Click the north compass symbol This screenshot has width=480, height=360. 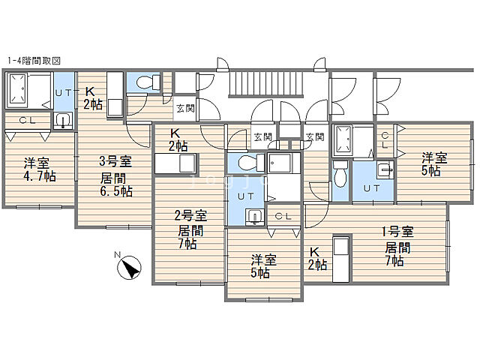[x=129, y=267]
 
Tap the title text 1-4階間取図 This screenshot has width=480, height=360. [x=34, y=61]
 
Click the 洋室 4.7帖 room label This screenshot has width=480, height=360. [x=40, y=170]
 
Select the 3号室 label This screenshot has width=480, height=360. [x=115, y=161]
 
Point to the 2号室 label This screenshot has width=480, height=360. [x=190, y=216]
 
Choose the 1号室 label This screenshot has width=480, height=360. [x=397, y=232]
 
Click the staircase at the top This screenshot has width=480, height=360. [x=266, y=83]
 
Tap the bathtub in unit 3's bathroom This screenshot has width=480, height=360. [x=17, y=89]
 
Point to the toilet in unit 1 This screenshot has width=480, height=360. [x=340, y=173]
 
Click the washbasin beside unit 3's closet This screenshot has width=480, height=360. [x=63, y=120]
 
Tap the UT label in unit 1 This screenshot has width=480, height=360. [x=372, y=188]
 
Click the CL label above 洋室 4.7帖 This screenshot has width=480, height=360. [x=28, y=120]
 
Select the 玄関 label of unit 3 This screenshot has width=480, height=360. [x=185, y=108]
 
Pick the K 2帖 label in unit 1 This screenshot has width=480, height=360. [x=317, y=259]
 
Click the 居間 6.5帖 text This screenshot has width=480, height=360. [x=116, y=185]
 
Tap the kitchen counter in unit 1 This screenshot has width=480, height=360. [x=341, y=259]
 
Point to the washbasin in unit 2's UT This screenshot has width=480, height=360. [x=254, y=217]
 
